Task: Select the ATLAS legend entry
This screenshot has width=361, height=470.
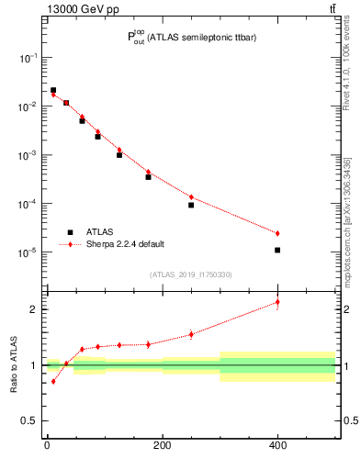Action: [x=97, y=232]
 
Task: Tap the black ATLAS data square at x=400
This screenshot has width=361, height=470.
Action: [x=277, y=250]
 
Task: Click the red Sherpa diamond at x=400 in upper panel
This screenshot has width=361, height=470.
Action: [x=277, y=233]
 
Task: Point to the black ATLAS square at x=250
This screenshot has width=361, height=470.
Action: [x=191, y=205]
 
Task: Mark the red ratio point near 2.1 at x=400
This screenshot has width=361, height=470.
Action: [x=277, y=302]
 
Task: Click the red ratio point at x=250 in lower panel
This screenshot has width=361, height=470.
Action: [x=191, y=334]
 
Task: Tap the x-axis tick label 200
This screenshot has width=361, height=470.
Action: [x=162, y=447]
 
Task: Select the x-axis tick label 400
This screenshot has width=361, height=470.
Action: [x=277, y=447]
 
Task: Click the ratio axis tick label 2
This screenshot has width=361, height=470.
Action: [x=33, y=309]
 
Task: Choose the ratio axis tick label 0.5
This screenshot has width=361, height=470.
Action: [x=29, y=421]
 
